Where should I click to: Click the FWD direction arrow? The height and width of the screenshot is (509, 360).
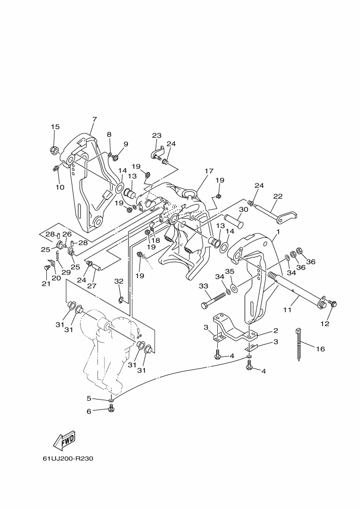[x=64, y=440]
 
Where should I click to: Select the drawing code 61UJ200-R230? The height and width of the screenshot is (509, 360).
[x=68, y=459]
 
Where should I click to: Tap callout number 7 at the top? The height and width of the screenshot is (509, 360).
[x=94, y=119]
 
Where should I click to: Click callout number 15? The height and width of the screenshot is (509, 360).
[x=55, y=127]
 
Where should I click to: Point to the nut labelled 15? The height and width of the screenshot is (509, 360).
[x=54, y=150]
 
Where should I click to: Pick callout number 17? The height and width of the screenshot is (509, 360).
[x=209, y=171]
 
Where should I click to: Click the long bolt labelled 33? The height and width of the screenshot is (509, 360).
[x=213, y=301]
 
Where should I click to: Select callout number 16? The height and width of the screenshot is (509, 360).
[x=320, y=349]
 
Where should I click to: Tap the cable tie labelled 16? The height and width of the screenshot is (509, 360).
[x=299, y=345]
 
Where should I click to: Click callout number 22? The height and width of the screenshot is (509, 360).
[x=278, y=196]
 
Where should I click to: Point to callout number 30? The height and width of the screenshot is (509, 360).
[x=243, y=210]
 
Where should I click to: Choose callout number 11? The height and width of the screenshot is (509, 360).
[x=287, y=310]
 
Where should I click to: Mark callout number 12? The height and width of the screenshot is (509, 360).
[x=325, y=324]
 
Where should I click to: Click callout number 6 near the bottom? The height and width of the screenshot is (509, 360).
[x=89, y=412]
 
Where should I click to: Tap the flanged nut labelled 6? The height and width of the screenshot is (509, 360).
[x=111, y=410]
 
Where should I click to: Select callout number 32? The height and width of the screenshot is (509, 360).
[x=119, y=281]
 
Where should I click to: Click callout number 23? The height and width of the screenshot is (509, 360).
[x=157, y=136]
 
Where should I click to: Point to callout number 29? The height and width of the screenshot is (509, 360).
[x=66, y=272]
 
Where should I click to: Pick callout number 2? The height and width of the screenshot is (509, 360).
[x=276, y=331]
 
